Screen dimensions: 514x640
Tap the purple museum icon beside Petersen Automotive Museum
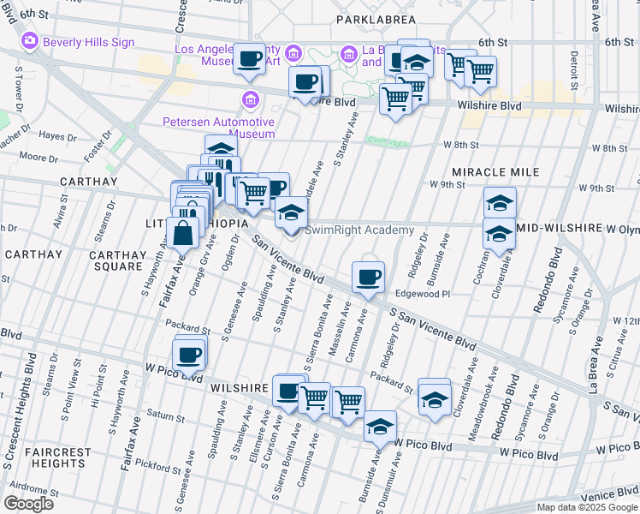[250, 99]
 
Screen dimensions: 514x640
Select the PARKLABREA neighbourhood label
[376, 19]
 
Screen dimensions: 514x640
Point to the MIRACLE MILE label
[495, 172]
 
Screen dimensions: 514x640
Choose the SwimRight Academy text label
[359, 230]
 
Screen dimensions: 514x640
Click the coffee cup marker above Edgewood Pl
[368, 277]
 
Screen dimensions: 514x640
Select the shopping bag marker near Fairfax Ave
[184, 231]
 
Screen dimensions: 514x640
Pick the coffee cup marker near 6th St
[249, 59]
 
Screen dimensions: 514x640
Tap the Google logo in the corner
[28, 503]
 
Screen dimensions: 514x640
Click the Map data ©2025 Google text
[586, 507]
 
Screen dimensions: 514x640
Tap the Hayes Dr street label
[57, 135]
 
